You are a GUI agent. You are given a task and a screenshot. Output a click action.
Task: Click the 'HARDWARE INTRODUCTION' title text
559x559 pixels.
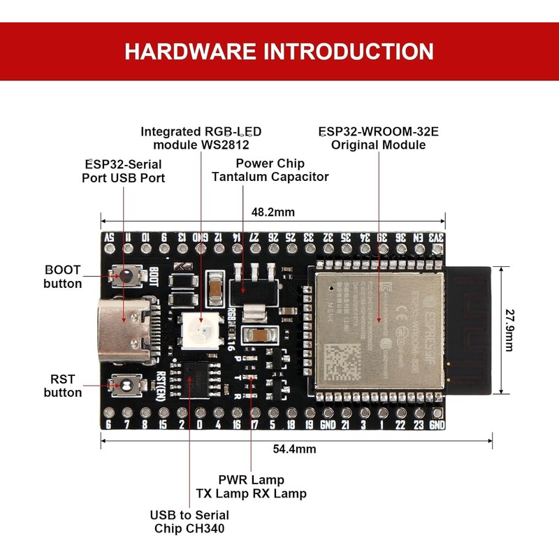pos(279,52)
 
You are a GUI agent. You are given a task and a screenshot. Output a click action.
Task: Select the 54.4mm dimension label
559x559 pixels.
pos(294,449)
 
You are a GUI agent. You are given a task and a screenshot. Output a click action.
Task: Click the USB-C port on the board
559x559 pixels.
pos(126,328)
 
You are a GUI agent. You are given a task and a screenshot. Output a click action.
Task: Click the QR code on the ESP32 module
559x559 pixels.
pos(345,359)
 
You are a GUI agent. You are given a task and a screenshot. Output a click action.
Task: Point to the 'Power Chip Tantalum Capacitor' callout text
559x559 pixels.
pos(270,170)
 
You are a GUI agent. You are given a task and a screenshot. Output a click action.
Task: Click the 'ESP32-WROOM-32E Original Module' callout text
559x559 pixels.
pos(378,138)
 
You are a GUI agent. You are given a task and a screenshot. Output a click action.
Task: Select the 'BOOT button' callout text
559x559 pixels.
pos(62,277)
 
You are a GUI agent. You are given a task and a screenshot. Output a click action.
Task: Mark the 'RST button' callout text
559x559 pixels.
pos(62,386)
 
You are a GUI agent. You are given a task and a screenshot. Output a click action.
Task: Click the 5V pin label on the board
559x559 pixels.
pos(109,238)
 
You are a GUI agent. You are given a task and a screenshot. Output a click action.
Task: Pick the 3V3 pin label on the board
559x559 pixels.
pos(437,238)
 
